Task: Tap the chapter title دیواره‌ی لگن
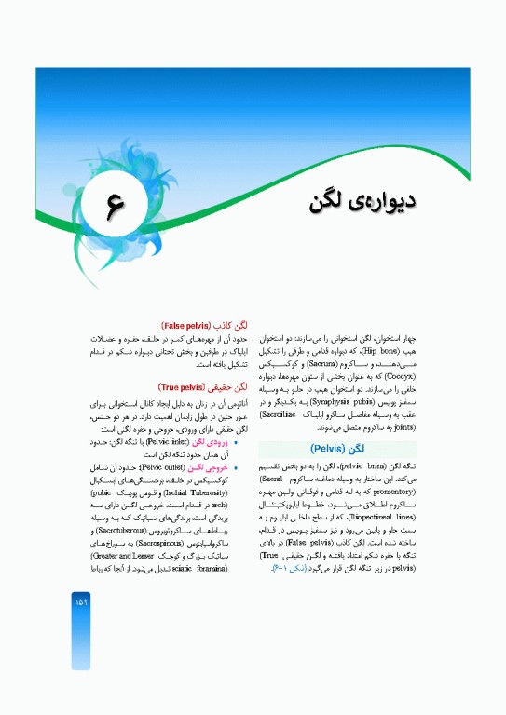[362, 201]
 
